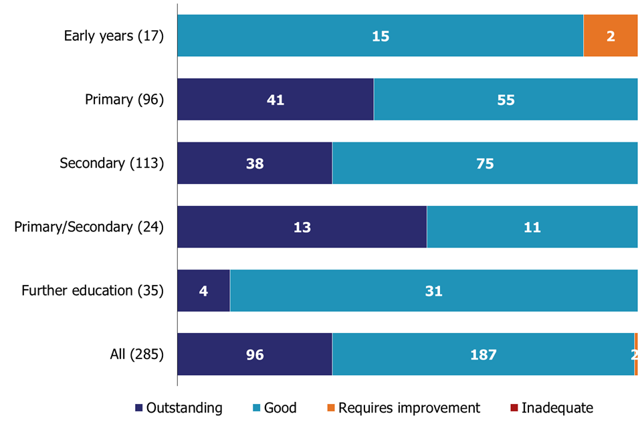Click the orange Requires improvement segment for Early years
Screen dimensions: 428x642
(610, 35)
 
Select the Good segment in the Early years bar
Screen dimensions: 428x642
(380, 35)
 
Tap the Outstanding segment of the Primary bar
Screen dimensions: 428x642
(275, 100)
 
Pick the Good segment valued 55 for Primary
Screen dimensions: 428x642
(506, 100)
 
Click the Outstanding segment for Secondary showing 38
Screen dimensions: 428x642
(254, 163)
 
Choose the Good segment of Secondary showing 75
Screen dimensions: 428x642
(485, 163)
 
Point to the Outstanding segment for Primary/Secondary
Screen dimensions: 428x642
(302, 227)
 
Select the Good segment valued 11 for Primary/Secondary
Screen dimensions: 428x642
(532, 227)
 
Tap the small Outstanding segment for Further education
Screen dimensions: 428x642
(203, 291)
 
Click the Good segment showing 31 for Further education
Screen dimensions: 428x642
(433, 291)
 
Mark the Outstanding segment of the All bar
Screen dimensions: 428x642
(254, 354)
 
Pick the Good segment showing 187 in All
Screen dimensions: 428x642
(483, 354)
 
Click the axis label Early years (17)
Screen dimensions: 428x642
(114, 35)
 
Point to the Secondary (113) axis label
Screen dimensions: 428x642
(112, 163)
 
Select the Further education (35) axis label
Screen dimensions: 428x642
(92, 291)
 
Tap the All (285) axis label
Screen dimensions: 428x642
(136, 354)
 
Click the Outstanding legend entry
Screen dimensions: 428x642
(179, 408)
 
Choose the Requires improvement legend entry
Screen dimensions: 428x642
(403, 408)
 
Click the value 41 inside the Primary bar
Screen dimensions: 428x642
(275, 100)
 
